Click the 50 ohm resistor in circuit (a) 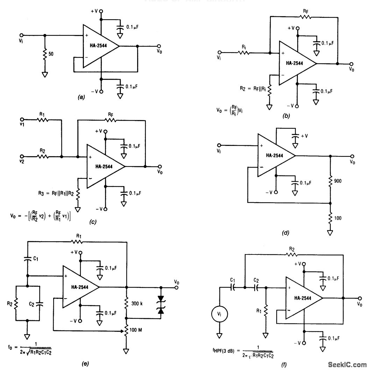[45, 55]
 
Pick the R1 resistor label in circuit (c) [42, 114]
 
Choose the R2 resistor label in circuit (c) [42, 151]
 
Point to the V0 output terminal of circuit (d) [351, 156]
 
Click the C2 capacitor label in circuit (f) [257, 281]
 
